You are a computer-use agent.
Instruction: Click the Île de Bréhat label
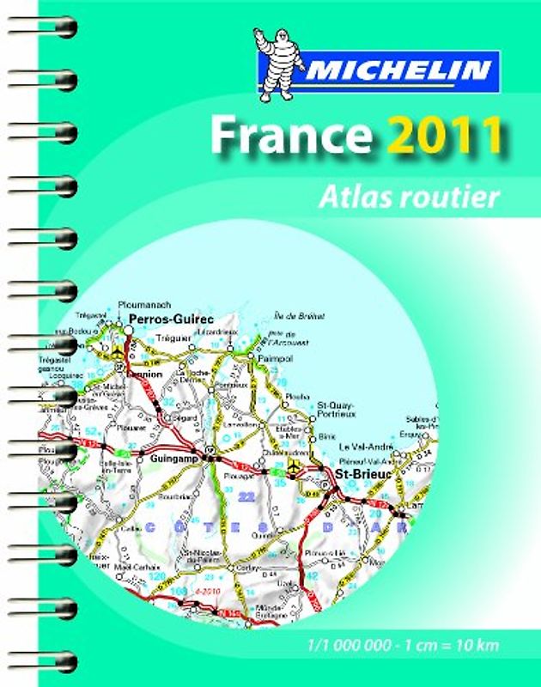pyautogui.click(x=300, y=317)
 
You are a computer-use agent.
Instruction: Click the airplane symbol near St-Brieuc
pyautogui.click(x=296, y=466)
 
